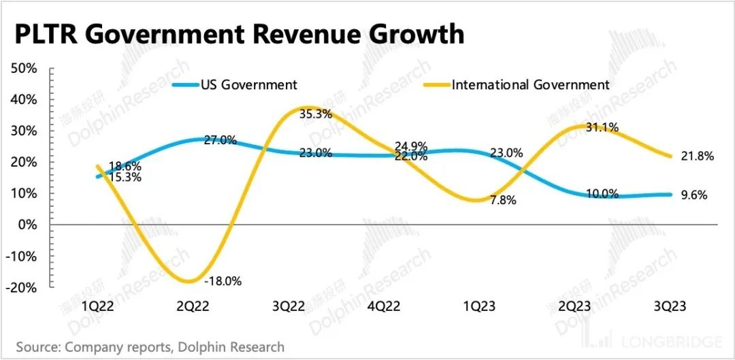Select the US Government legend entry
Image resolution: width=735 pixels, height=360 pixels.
coord(248,85)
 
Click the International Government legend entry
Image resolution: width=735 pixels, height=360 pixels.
coord(530,85)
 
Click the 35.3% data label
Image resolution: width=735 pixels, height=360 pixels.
coord(316,114)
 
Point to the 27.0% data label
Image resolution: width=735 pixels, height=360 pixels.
coord(220,141)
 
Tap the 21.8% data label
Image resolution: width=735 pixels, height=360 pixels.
coord(697,157)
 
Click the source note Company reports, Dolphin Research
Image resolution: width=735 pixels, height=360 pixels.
coord(150,347)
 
